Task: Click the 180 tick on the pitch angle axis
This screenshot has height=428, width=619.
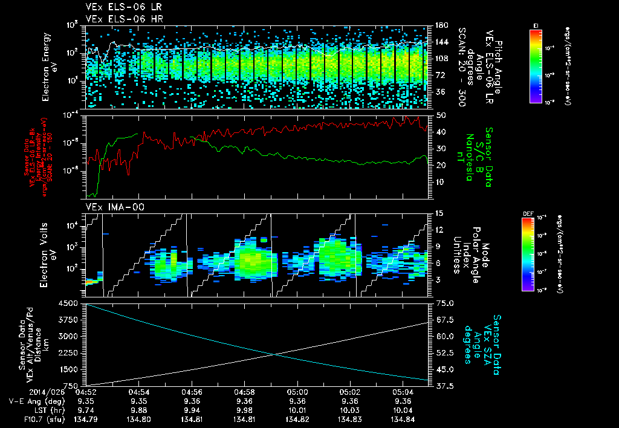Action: click(x=440, y=25)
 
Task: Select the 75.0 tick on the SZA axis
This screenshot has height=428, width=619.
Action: click(x=444, y=303)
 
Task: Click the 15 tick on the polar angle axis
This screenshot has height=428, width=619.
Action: click(x=439, y=213)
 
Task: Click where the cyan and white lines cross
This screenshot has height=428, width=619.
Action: click(x=276, y=354)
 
